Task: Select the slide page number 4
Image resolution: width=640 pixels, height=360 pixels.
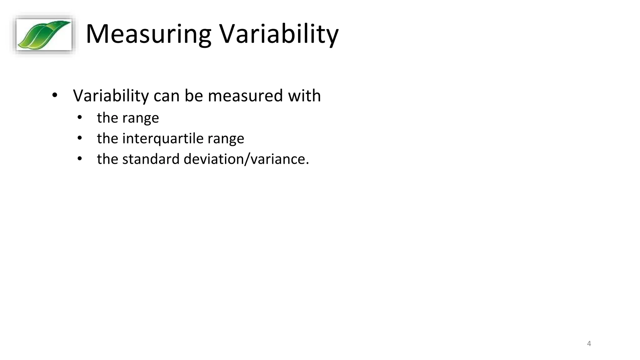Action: click(x=589, y=344)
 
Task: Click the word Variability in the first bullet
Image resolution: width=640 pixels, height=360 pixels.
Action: click(x=111, y=96)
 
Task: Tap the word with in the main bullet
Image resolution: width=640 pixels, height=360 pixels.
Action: click(x=304, y=96)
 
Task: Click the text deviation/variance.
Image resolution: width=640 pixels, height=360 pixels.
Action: click(x=246, y=159)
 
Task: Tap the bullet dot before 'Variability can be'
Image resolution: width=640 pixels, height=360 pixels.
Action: click(x=55, y=95)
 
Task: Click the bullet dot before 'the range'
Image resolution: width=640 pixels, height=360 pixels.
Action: click(x=80, y=117)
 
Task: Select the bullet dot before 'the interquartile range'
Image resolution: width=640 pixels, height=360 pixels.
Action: click(x=80, y=138)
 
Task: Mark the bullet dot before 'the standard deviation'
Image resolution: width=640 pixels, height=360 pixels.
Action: click(x=80, y=159)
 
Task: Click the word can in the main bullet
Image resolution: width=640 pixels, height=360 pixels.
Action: click(x=167, y=96)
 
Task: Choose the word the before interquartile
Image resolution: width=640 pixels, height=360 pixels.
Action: click(x=107, y=138)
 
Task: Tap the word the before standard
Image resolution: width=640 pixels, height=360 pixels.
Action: click(x=107, y=159)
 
